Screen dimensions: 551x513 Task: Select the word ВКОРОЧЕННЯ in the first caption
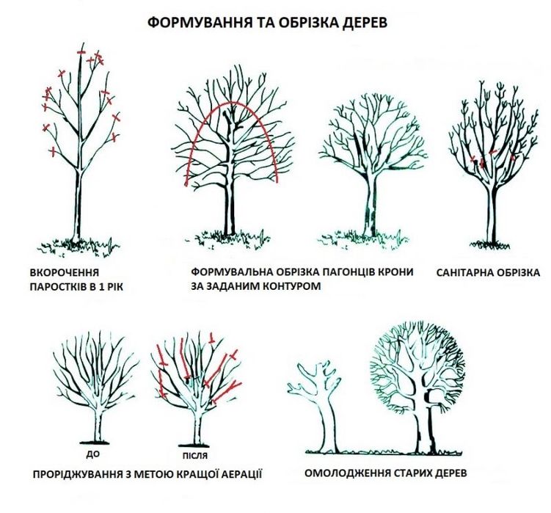point(65,272)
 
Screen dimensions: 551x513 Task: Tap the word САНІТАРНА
point(462,272)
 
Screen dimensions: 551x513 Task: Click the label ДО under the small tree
point(92,454)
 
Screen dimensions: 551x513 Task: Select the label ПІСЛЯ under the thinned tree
point(195,456)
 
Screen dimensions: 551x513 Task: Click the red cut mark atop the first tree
point(81,53)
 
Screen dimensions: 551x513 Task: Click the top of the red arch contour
point(232,103)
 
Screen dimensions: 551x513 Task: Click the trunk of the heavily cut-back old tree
point(329,426)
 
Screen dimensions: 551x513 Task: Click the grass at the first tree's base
point(78,244)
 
